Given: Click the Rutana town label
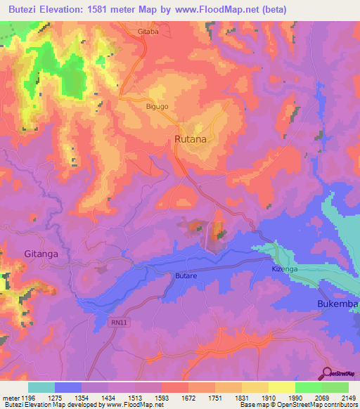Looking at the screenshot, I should (191, 139).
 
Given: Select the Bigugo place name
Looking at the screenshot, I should (157, 106).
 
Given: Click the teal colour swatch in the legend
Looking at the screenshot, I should (41, 387).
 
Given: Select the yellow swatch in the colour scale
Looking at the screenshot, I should (281, 387).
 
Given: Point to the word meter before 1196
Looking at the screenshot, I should (10, 396).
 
